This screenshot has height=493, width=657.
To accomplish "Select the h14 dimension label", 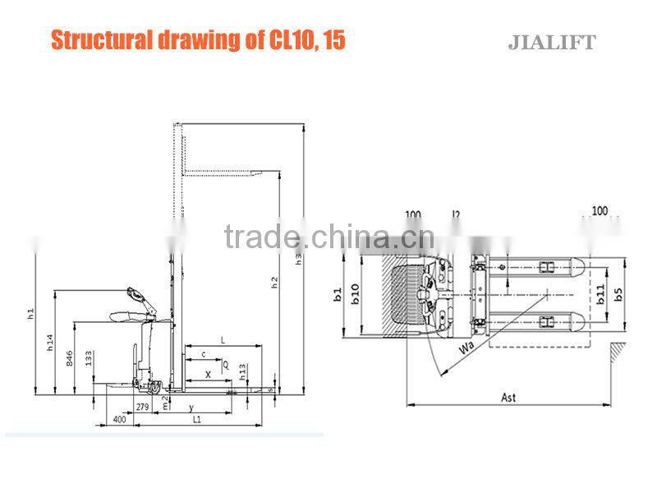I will [x=51, y=343].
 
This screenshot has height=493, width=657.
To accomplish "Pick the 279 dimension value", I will [x=142, y=407].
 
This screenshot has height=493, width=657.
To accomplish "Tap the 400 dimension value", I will [x=120, y=421].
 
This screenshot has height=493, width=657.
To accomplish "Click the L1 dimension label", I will [x=197, y=420].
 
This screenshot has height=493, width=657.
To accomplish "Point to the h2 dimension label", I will [x=275, y=282].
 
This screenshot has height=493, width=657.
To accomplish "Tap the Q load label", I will [x=226, y=362].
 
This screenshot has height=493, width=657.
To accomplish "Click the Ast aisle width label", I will [x=508, y=398].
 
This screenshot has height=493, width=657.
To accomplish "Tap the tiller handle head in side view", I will [x=133, y=293].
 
